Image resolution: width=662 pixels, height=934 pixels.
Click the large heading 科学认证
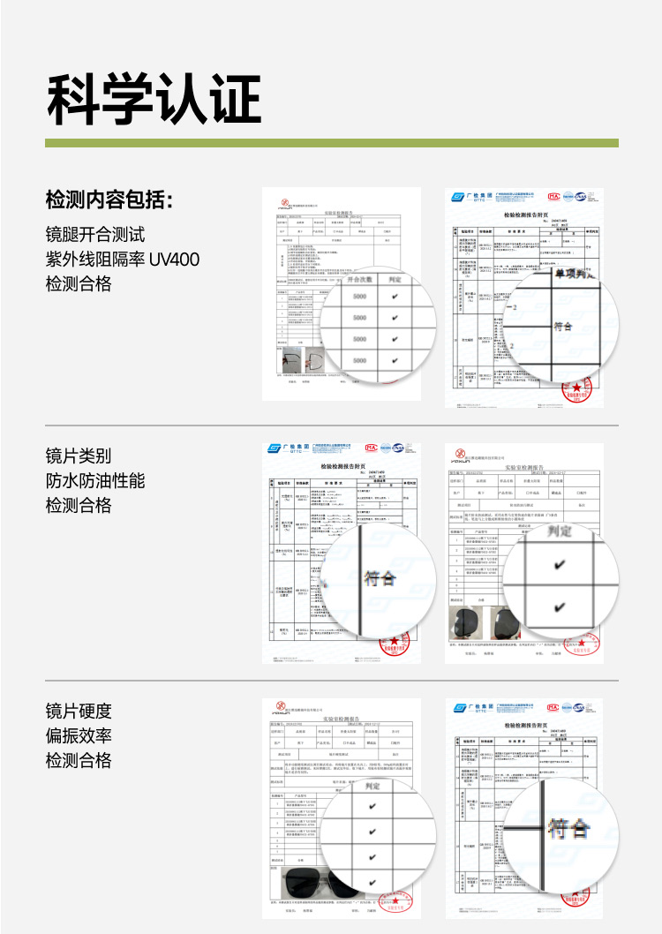[154, 99]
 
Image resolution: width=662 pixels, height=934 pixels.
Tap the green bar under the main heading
[331, 142]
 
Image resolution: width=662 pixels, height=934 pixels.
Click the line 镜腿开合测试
[94, 235]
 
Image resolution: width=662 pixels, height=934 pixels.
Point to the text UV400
[174, 260]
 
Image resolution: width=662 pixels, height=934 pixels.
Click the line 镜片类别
[79, 456]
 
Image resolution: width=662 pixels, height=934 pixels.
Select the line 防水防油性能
[94, 480]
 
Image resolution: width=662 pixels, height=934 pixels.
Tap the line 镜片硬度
[79, 711]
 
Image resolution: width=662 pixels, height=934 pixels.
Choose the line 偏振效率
[79, 735]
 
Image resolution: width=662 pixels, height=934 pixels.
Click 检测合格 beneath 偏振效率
[79, 760]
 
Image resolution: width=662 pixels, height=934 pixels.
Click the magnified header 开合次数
[358, 279]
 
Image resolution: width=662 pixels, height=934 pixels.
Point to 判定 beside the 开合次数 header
[395, 279]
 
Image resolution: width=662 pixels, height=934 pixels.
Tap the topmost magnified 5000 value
[359, 297]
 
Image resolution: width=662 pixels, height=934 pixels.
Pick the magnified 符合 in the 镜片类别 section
[380, 579]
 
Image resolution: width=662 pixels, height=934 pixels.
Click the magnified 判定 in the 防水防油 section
[560, 531]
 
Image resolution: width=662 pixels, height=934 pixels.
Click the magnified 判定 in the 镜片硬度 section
[372, 786]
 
